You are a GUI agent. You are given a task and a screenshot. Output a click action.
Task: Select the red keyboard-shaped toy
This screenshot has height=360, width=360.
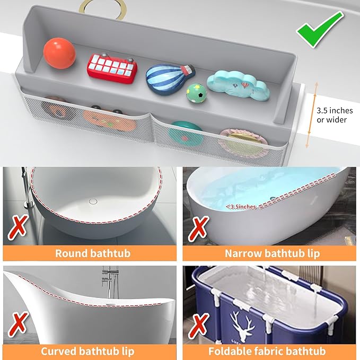112,66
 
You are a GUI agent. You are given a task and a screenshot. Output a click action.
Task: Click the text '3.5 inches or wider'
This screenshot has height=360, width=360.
331,116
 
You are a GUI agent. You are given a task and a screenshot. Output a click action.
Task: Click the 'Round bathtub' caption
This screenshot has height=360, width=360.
93,253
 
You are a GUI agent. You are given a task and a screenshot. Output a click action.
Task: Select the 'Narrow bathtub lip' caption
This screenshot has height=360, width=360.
272,253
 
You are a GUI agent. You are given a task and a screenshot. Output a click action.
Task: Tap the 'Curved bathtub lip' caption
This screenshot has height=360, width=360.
88,351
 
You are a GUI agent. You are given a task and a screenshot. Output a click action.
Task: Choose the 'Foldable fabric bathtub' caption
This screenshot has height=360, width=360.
267,351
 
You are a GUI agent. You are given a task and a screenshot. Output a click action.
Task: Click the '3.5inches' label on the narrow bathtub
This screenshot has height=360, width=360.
242,206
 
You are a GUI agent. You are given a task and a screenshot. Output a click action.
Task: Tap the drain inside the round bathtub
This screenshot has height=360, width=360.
93,201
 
